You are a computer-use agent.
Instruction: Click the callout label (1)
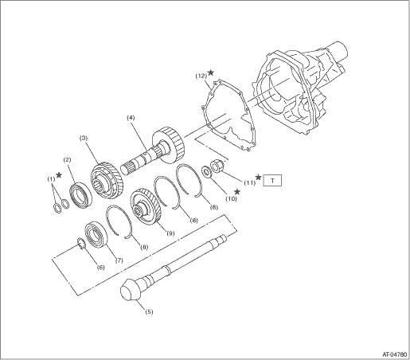point(51,179)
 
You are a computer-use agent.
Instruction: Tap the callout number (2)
point(67,159)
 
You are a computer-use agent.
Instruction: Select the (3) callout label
point(84,138)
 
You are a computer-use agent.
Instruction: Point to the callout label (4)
point(131,117)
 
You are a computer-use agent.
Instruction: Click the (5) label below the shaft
point(149,311)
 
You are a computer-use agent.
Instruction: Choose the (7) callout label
point(119,260)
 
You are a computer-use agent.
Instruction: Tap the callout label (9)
point(170,233)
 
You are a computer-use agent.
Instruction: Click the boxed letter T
point(272,181)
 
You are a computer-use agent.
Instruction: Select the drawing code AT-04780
point(394,354)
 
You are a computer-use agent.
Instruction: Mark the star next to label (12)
point(210,72)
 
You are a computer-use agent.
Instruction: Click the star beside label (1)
point(59,174)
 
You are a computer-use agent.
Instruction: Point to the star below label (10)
point(237,191)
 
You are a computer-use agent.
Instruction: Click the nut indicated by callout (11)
point(217,166)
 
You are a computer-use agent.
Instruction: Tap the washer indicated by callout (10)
point(207,171)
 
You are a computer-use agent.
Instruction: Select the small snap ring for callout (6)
point(81,244)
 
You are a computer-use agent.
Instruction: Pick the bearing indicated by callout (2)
point(80,194)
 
